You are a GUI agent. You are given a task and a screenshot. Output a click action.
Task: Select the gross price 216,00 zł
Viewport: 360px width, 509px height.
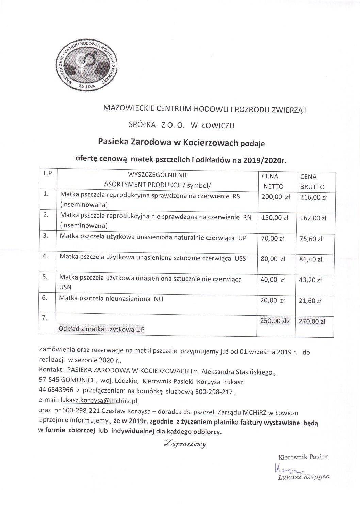[x=313, y=197]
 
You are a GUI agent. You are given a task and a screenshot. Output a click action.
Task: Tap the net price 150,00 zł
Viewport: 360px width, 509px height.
[x=272, y=218]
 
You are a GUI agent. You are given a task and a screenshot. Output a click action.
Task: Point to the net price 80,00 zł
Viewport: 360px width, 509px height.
[x=272, y=259]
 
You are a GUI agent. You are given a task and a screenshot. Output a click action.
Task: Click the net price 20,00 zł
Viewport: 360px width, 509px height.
[x=272, y=300]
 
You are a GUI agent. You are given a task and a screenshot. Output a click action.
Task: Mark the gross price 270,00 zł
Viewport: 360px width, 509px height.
[x=312, y=321]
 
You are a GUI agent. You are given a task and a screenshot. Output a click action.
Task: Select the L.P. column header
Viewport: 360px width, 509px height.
[x=47, y=174]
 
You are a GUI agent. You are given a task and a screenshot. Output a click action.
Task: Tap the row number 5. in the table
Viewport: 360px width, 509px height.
[x=45, y=277]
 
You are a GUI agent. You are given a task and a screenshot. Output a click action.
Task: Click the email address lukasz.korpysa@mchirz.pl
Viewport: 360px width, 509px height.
[x=99, y=401]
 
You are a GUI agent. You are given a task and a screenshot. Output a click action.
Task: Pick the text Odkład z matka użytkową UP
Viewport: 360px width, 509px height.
[x=99, y=329]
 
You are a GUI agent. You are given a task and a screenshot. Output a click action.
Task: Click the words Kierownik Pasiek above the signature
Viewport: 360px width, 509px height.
[x=303, y=457]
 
